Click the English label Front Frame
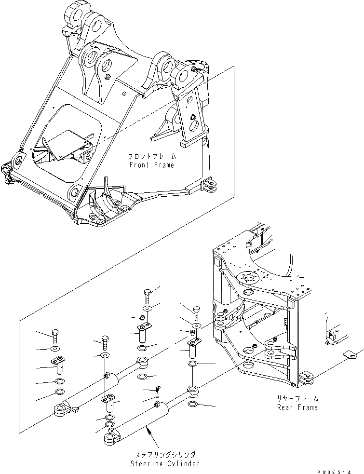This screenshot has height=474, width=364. tap(151, 165)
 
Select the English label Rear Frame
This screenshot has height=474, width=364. tap(297, 407)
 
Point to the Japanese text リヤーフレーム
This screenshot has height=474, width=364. tap(297, 399)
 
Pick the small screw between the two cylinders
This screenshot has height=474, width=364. tap(157, 389)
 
